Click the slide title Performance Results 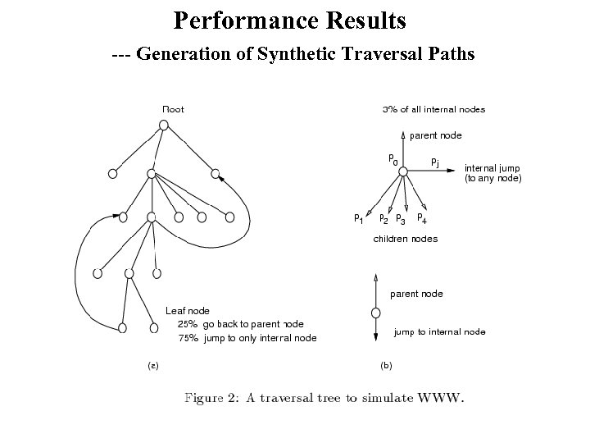[x=290, y=20]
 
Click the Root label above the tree [x=173, y=108]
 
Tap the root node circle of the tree [x=164, y=125]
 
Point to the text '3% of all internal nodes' [x=433, y=109]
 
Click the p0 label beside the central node [x=393, y=159]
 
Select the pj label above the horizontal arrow [x=435, y=162]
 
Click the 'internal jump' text [x=492, y=168]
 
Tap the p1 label [x=359, y=218]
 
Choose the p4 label [x=421, y=218]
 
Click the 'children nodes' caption [x=405, y=239]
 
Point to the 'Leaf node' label [x=187, y=311]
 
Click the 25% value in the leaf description [x=188, y=324]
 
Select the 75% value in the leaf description [x=188, y=338]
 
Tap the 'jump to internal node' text [x=439, y=332]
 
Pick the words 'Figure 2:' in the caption [x=211, y=399]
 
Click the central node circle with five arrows [x=403, y=170]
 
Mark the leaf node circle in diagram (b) [x=375, y=313]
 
